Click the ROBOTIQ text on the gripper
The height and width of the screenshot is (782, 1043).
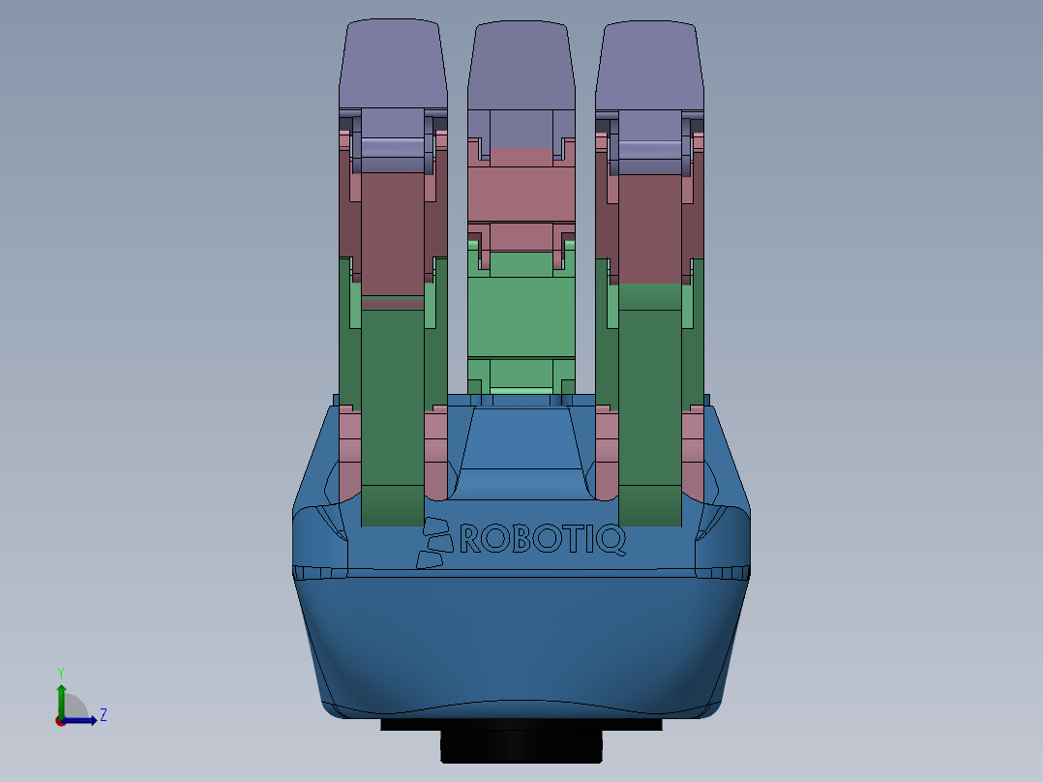(542, 538)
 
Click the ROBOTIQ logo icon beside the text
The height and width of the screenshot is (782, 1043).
(434, 542)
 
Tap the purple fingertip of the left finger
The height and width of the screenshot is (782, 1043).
(392, 63)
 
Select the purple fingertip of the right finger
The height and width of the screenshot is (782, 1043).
(649, 63)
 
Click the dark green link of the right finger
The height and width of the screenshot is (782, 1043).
(649, 406)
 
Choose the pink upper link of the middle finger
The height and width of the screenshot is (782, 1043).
(521, 189)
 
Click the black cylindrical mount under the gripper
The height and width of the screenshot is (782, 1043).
(521, 746)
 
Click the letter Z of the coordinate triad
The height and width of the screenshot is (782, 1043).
(103, 715)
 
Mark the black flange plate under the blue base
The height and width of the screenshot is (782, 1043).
(406, 724)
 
